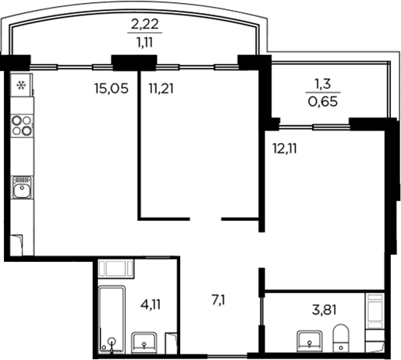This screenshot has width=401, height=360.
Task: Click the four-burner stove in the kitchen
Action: [22, 124]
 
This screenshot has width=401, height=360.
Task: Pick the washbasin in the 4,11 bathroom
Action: [145, 342]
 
